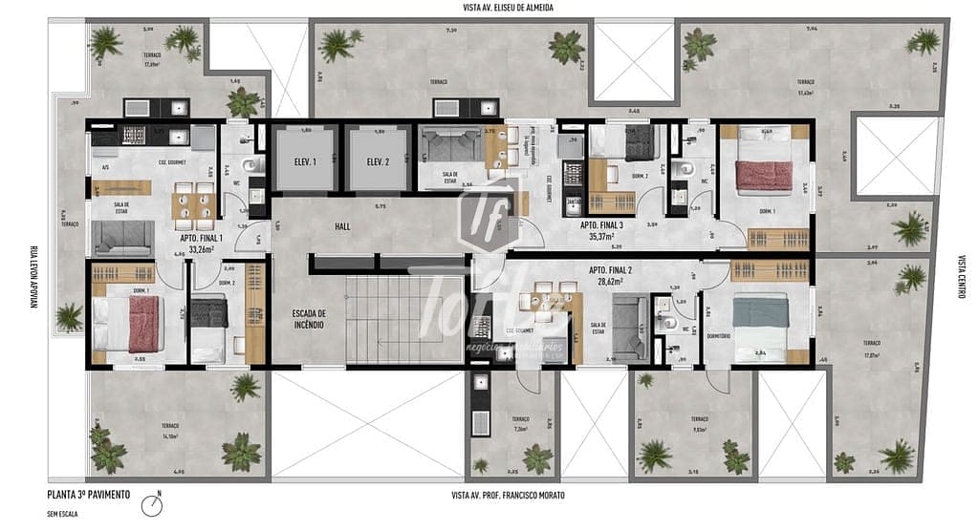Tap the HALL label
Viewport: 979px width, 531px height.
(343, 226)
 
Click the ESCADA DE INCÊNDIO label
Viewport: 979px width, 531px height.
(309, 319)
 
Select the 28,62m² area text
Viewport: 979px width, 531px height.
(607, 282)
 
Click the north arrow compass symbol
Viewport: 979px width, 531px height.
(151, 503)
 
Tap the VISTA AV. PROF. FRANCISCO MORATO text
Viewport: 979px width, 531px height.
(508, 495)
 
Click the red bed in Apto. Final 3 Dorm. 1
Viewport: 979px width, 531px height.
(765, 176)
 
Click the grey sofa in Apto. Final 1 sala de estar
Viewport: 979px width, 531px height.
(123, 237)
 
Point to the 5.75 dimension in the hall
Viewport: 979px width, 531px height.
(381, 206)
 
